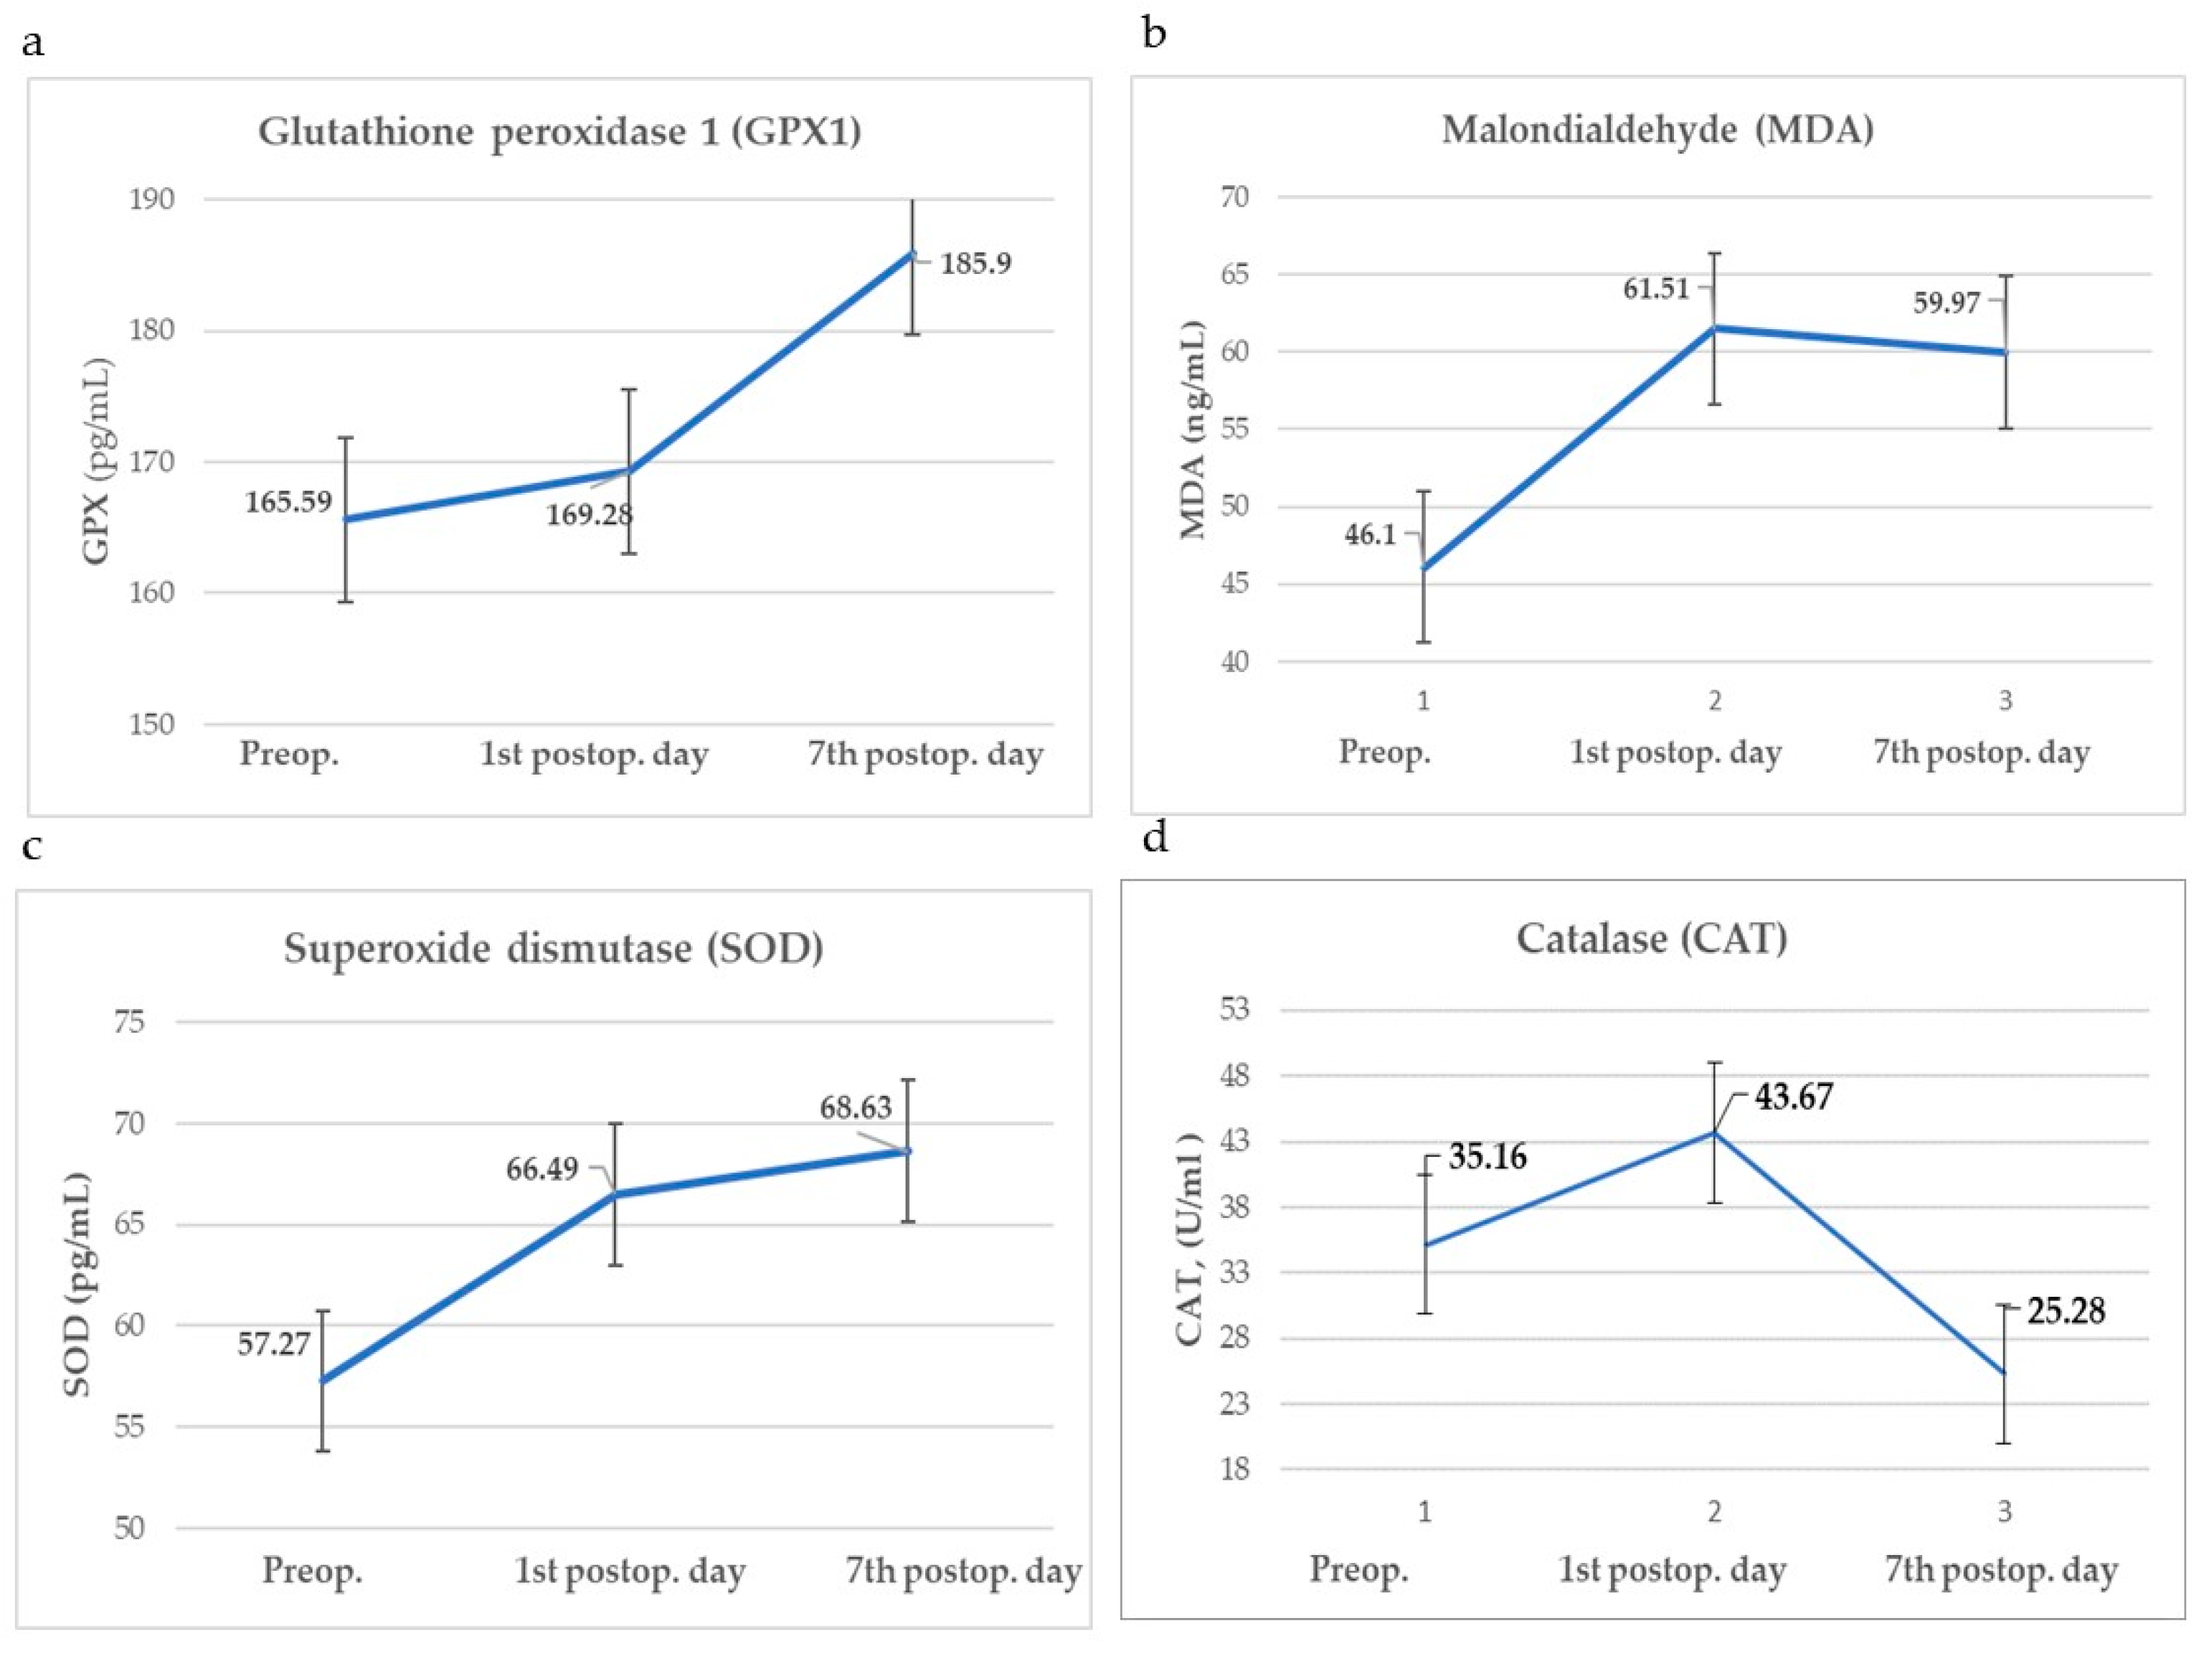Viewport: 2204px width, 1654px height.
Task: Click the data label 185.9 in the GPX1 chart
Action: [975, 263]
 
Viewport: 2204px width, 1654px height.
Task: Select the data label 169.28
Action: [589, 514]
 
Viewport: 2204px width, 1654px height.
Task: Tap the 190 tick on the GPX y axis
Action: [151, 199]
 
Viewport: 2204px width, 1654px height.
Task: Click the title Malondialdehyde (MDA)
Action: [1657, 130]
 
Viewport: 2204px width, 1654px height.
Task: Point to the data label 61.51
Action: [1656, 289]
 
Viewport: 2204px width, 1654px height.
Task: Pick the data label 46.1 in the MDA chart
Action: [1370, 535]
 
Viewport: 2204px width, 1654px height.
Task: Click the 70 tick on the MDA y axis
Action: [1234, 197]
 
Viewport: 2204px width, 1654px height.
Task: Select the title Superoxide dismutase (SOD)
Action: [554, 948]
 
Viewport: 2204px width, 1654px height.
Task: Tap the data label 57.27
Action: [274, 1344]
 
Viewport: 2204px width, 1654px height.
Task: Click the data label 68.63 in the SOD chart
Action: [856, 1108]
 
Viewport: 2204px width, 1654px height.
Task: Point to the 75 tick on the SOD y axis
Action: [130, 1022]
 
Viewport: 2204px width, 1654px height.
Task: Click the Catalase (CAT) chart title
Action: [1652, 939]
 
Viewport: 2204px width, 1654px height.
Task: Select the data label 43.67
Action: [1794, 1097]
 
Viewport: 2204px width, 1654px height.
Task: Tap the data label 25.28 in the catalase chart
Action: [2066, 1311]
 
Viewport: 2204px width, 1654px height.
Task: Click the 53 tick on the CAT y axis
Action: [1234, 1009]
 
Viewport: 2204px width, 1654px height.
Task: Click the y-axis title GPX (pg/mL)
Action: [97, 461]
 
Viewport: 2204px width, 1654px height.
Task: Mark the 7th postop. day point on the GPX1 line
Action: [912, 254]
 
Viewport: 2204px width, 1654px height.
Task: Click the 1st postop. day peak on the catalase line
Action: [1713, 1133]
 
